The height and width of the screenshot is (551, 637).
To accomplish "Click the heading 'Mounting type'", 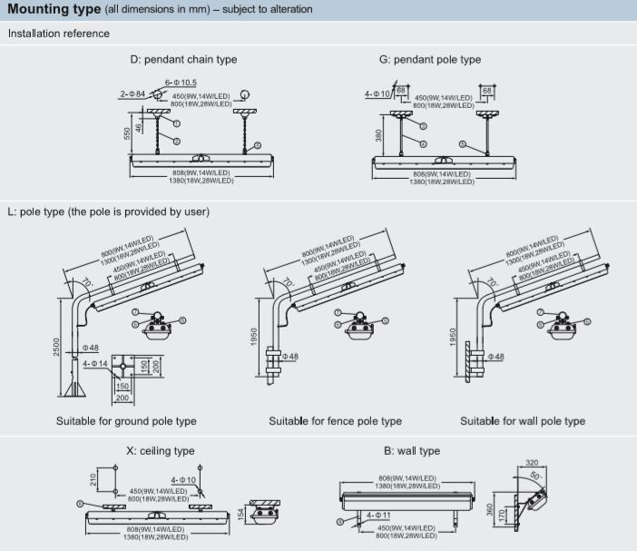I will (x=54, y=9).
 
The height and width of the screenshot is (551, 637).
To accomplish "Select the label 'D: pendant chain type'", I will (x=183, y=59).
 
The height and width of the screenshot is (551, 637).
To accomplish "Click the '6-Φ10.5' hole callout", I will (x=181, y=83).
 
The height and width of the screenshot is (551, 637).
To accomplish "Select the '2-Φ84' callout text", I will (x=132, y=93).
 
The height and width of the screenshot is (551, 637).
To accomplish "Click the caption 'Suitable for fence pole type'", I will (x=335, y=421).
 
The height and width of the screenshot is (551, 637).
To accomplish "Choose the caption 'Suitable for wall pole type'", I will (x=523, y=421).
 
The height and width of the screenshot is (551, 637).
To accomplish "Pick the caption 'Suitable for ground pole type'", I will (x=126, y=421).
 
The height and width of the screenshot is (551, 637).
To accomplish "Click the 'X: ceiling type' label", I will (x=160, y=451).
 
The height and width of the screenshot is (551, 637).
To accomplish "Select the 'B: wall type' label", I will (x=411, y=451).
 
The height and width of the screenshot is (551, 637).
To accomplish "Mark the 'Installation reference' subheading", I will (x=58, y=34).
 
